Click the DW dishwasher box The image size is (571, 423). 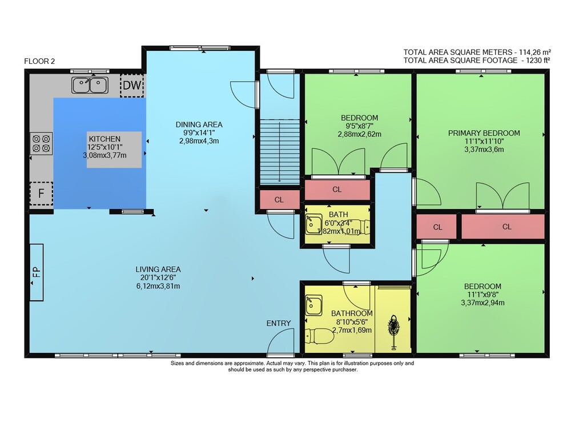pos(132,85)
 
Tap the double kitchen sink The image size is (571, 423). pos(90,85)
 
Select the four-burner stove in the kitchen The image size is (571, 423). pos(41,143)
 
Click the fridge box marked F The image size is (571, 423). pos(41,193)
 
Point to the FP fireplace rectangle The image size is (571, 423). pos(36,272)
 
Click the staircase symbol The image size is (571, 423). pos(280,152)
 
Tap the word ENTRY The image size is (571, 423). pos(279,323)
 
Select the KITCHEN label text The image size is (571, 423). pos(104,139)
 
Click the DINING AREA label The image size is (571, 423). pos(199,124)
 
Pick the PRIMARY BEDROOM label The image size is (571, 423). pos(484,133)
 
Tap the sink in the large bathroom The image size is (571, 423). pos(313,305)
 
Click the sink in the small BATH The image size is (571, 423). pos(313,224)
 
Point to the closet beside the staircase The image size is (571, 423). pos(279,199)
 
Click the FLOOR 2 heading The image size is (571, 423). pos(39,61)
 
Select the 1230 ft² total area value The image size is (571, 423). pos(538,61)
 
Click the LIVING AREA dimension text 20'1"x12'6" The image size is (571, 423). pos(158,278)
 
